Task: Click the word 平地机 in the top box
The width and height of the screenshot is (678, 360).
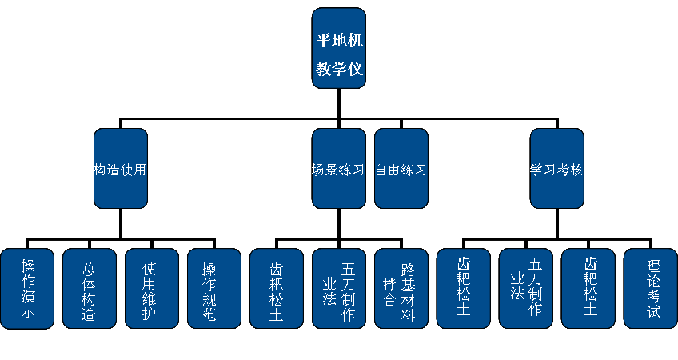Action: [x=339, y=39]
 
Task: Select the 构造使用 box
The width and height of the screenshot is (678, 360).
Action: [x=121, y=170]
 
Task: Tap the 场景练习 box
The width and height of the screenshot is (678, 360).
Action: [x=338, y=170]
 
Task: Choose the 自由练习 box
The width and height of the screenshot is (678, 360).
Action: [x=401, y=170]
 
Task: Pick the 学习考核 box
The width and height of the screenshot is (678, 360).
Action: [x=556, y=170]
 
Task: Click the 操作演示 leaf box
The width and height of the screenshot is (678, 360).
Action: [x=28, y=288]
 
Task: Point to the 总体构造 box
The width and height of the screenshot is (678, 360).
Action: [x=90, y=288]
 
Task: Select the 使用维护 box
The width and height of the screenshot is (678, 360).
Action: [x=152, y=288]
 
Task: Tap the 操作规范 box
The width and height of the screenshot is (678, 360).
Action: [x=214, y=288]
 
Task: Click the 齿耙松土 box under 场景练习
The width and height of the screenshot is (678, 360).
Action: [x=277, y=288]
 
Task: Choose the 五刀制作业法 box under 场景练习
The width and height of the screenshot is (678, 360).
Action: [x=339, y=288]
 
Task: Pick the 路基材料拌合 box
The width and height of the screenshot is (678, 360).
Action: [x=401, y=288]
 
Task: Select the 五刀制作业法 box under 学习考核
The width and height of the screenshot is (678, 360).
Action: [x=525, y=288]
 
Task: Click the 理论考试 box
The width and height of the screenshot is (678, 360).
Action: [x=650, y=288]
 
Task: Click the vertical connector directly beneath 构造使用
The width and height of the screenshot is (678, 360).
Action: [x=121, y=224]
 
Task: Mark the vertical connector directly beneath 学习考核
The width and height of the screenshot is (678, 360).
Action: [x=556, y=224]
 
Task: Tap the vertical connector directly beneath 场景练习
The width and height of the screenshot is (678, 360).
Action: [x=339, y=224]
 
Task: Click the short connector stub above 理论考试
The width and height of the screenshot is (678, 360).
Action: [x=650, y=244]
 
